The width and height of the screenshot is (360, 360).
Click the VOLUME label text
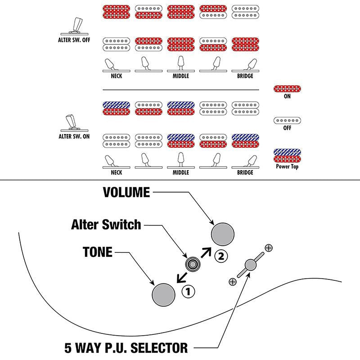pos(126,192)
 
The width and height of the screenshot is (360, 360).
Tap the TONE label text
pos(98,252)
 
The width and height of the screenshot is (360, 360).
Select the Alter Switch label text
pos(106,224)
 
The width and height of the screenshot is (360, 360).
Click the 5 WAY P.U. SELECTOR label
pos(126,348)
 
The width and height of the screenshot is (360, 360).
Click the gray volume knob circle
pos(223,234)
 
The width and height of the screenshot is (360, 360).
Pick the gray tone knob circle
pos(163,295)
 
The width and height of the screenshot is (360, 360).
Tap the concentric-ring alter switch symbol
pos(193,265)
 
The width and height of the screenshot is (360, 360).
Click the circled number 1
pos(188,292)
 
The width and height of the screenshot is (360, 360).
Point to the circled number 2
pos(221,256)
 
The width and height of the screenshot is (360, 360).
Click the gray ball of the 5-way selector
pos(251,265)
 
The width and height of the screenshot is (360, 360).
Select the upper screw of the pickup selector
pos(269,248)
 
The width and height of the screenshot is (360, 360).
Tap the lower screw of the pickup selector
pos(233,282)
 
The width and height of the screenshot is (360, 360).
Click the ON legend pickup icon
pos(287,89)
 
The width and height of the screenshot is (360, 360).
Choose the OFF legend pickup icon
pos(287,120)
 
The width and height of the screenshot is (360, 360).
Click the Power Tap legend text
pos(287,166)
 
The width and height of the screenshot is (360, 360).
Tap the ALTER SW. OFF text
pos(74,40)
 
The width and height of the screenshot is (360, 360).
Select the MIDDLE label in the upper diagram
pos(181,76)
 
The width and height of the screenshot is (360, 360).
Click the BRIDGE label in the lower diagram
pos(245,172)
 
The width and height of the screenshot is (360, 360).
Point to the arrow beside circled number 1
pos(182,277)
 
